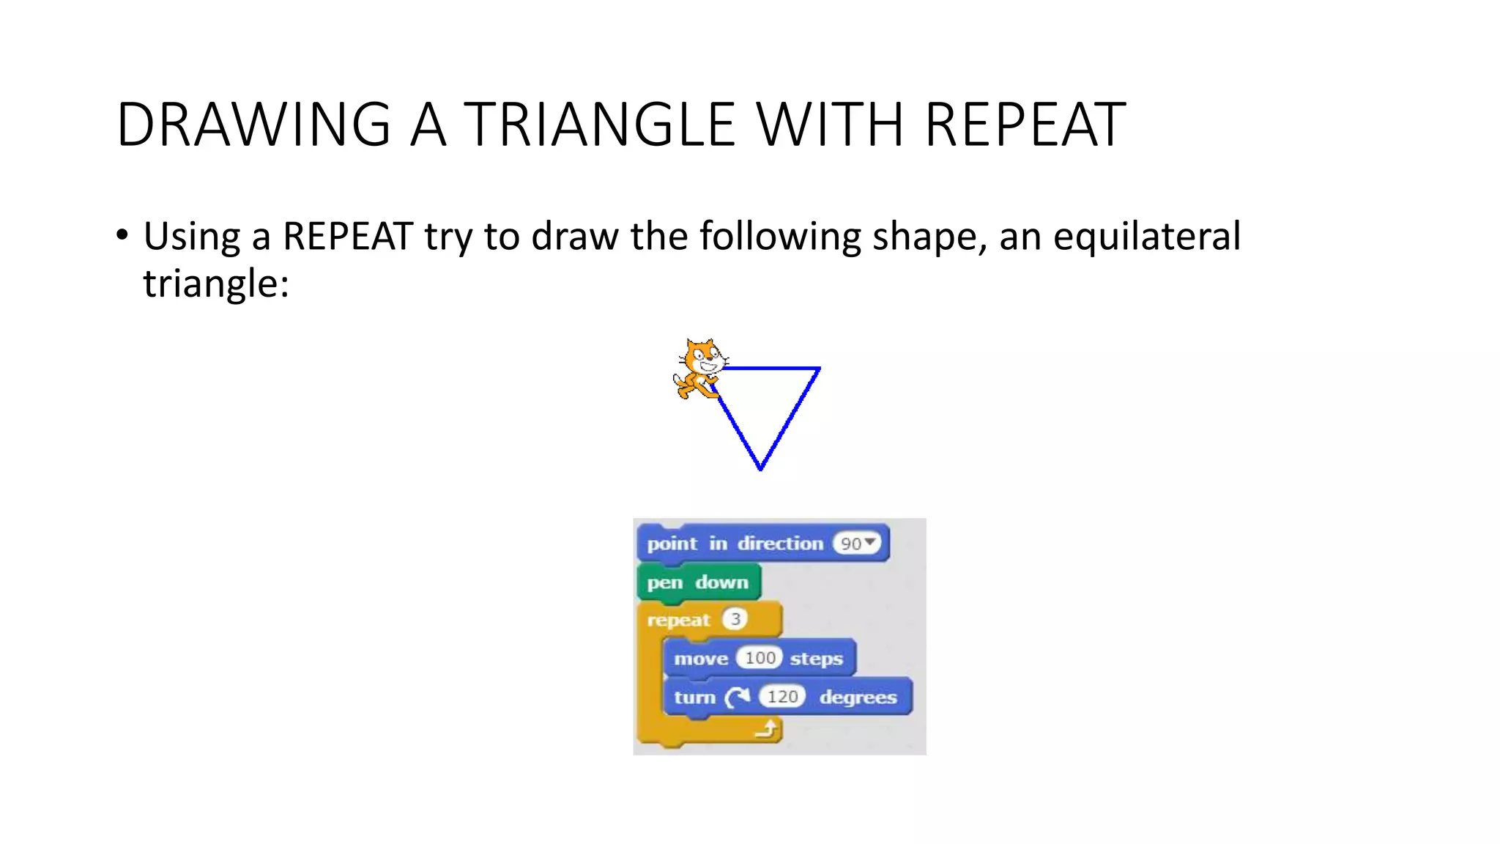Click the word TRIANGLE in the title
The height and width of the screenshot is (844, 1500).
(598, 125)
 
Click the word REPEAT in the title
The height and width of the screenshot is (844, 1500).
(1025, 125)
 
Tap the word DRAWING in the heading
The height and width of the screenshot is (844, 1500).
(253, 125)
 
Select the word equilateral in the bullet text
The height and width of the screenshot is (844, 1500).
(1146, 237)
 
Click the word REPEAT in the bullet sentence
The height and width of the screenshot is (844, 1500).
(348, 237)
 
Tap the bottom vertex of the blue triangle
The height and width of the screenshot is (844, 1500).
(761, 468)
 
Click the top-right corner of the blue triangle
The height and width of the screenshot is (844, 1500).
(818, 369)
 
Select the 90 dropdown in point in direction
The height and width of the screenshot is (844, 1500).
(858, 544)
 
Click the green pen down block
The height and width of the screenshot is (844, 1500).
(698, 582)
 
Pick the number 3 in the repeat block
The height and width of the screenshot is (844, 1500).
(735, 620)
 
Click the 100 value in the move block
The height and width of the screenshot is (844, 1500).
(760, 658)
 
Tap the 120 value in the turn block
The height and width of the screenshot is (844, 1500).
(782, 697)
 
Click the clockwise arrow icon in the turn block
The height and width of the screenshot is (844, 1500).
(737, 697)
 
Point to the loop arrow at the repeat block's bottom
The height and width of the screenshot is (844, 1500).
(766, 729)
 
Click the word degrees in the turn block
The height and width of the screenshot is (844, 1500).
(858, 697)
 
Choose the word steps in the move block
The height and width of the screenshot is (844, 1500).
(816, 659)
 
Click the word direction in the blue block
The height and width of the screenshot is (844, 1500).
(780, 544)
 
